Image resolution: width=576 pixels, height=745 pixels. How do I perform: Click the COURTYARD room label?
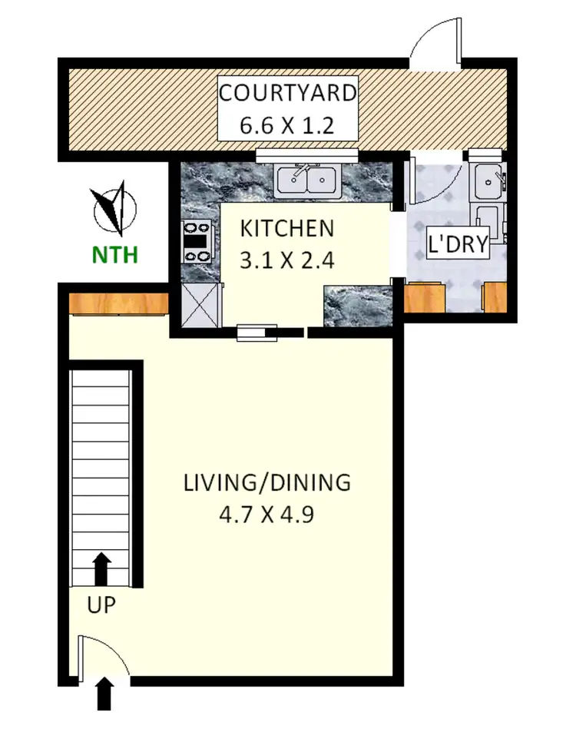click(288, 94)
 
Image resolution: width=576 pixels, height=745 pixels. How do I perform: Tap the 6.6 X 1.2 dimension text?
click(288, 125)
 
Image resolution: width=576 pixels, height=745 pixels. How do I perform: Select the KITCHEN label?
click(287, 228)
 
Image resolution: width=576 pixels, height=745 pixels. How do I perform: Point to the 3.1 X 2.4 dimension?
click(287, 260)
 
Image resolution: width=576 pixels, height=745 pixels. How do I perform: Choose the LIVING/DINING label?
click(267, 483)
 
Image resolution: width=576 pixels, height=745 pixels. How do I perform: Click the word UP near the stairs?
click(101, 605)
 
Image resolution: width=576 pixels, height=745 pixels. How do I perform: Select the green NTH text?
click(115, 254)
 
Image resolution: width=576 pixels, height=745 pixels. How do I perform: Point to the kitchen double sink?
click(307, 180)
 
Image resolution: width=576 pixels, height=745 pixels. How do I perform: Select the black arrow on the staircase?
click(101, 569)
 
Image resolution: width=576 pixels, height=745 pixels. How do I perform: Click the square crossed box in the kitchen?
click(200, 305)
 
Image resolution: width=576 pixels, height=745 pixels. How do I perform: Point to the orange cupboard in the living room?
click(118, 303)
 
